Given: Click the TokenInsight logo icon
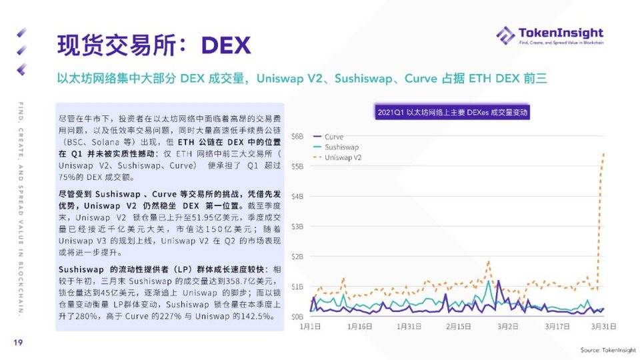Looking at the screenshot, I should tap(505, 35).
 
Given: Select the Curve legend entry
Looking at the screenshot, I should tap(334, 137).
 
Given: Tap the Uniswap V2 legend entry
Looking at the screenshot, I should tap(343, 157).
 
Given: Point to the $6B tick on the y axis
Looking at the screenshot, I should tap(297, 136).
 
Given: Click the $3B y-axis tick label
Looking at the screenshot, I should tap(297, 227).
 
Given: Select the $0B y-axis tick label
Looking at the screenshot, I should tap(297, 317).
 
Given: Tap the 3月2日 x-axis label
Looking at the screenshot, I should tap(509, 327).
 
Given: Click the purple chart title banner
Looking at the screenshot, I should tap(453, 113).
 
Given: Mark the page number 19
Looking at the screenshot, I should tap(19, 342).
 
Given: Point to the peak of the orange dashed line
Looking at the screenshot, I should tap(604, 153).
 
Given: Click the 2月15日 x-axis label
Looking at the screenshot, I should tap(459, 327).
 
